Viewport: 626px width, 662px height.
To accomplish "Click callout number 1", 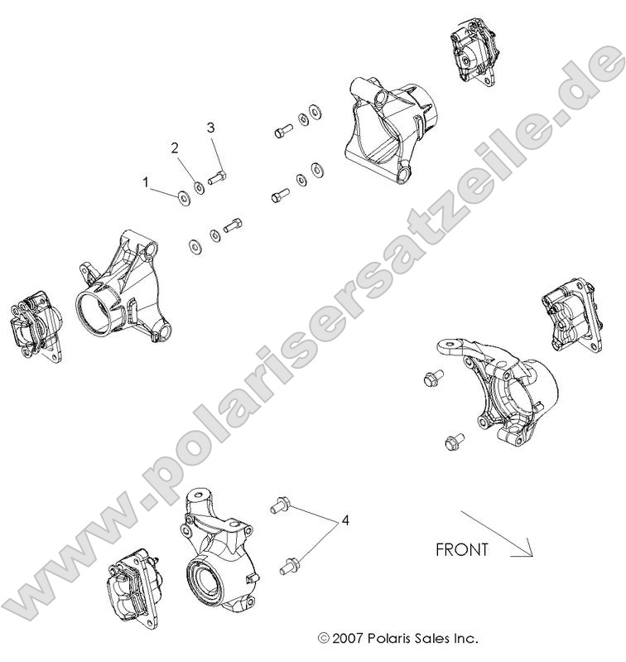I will click(x=147, y=180).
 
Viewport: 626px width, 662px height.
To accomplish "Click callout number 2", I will click(x=175, y=148).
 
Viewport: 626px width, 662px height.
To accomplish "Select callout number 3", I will click(x=210, y=128).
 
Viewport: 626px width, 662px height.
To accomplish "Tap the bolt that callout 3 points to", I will click(x=218, y=176).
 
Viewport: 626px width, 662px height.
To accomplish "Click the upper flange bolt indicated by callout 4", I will click(x=279, y=504).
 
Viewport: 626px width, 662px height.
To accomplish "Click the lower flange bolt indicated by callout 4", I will click(x=290, y=566).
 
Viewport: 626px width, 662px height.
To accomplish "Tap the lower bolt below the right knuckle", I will click(x=453, y=442).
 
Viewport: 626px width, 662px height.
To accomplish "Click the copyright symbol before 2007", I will click(x=324, y=639).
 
